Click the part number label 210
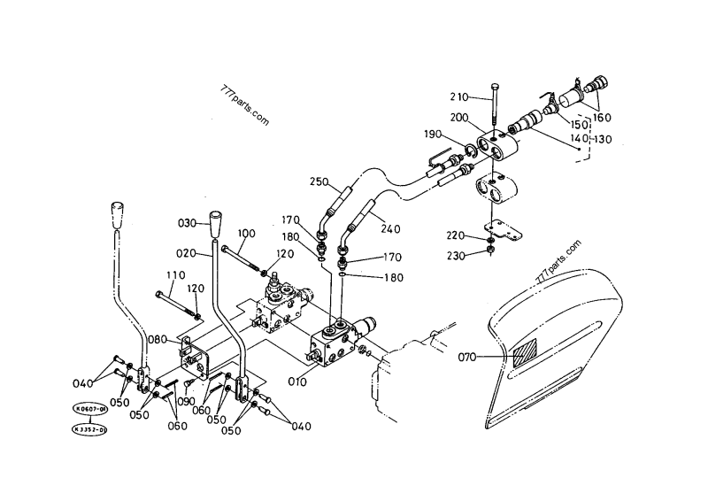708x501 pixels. pyautogui.click(x=462, y=96)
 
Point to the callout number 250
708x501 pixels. pyautogui.click(x=319, y=182)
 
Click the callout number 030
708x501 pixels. pyautogui.click(x=188, y=222)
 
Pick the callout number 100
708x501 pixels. pyautogui.click(x=247, y=234)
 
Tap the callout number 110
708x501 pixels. pyautogui.click(x=174, y=275)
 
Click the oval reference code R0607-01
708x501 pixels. pyautogui.click(x=90, y=411)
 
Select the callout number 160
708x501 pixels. pyautogui.click(x=602, y=117)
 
